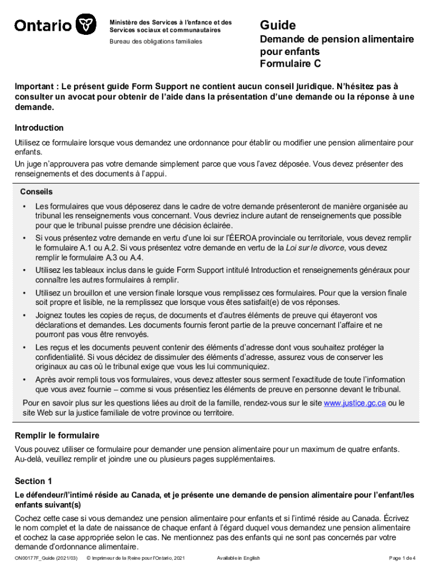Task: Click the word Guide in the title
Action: pos(277,25)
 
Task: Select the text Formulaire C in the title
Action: pos(290,63)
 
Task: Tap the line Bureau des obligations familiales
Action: pos(156,42)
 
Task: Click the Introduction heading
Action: pos(39,127)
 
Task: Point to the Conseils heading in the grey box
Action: pos(36,191)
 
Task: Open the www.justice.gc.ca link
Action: pos(355,403)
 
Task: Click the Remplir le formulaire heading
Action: pos(57,435)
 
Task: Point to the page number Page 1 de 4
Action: pos(402,558)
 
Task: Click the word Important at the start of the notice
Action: pos(35,86)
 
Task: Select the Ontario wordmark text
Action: pos(43,26)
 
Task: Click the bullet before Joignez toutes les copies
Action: pos(25,315)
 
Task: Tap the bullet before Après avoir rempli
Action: pos(25,380)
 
